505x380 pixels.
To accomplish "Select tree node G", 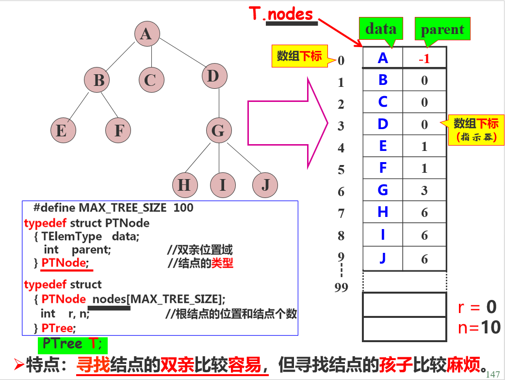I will (218, 131).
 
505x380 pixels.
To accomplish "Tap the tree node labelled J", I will (265, 185).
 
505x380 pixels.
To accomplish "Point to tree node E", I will (62, 131).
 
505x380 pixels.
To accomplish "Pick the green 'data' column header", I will (380, 29).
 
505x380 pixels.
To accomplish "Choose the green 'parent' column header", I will (442, 30).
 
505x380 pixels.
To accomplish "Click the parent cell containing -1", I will (424, 59).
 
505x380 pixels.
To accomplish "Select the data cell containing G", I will (383, 190).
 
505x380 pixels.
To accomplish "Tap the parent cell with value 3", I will (424, 190).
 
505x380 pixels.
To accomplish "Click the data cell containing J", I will (383, 259).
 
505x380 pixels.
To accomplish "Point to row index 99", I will (342, 288).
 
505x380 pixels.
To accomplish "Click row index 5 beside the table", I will (342, 170).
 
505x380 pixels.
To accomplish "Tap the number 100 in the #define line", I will (183, 208).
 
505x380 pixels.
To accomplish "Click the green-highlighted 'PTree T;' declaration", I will (73, 344).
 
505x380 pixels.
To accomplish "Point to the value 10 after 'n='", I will (490, 328).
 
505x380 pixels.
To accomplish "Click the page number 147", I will (492, 374).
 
